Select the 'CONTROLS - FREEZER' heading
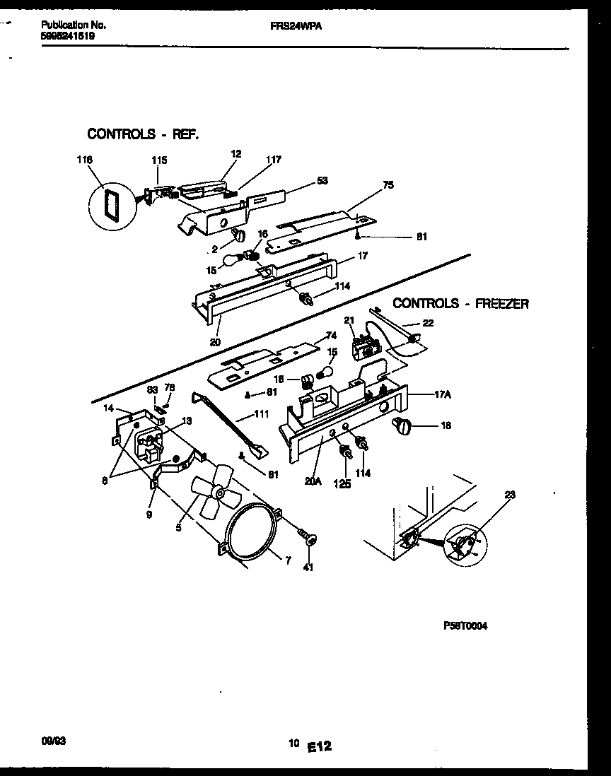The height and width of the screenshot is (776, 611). (460, 303)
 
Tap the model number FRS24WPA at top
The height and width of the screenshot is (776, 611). (291, 25)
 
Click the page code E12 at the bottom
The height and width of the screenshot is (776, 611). (320, 745)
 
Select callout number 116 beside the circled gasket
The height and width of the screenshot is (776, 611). (85, 160)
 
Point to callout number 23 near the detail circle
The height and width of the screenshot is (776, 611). (511, 495)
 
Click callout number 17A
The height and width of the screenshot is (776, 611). (443, 395)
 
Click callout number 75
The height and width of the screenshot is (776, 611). (388, 185)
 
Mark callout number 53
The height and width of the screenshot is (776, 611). (322, 181)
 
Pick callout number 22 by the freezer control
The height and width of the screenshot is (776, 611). (428, 323)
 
